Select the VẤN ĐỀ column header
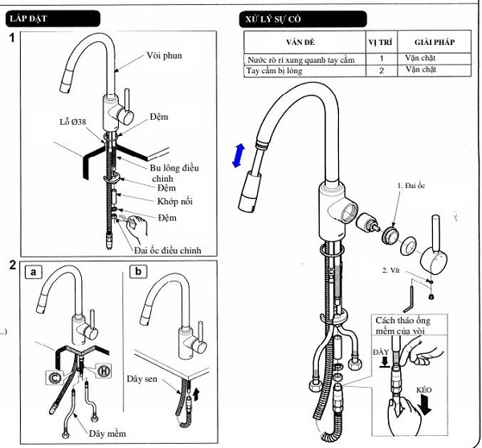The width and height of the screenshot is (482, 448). point(304,41)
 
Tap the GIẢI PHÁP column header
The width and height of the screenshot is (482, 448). point(435,41)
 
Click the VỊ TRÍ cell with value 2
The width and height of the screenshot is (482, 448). point(382,71)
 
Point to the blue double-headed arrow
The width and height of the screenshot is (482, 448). point(237,154)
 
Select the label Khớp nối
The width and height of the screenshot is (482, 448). point(177,201)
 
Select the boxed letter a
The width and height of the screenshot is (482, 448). point(35,271)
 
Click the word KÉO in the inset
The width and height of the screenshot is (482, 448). point(423,389)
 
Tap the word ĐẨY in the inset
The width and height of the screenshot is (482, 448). point(382,351)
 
